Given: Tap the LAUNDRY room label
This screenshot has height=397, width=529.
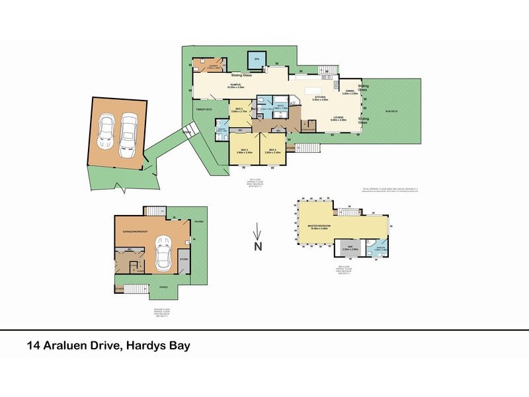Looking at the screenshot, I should coord(214,66).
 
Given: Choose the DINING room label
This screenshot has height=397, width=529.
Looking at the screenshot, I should coord(350,91).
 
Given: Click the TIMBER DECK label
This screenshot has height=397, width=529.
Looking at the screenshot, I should coord(203,110).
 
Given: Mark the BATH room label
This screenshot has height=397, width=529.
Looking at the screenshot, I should coord(280,105).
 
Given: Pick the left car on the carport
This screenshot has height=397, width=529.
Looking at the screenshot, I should coord(106,134).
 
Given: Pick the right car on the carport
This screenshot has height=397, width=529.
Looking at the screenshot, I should coord(128,136).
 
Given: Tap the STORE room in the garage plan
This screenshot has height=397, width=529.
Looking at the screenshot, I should coord(184,259).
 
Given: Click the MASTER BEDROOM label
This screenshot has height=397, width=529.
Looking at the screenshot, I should coord(319,227).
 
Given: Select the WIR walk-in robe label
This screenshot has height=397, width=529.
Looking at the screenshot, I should coord(350,248).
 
